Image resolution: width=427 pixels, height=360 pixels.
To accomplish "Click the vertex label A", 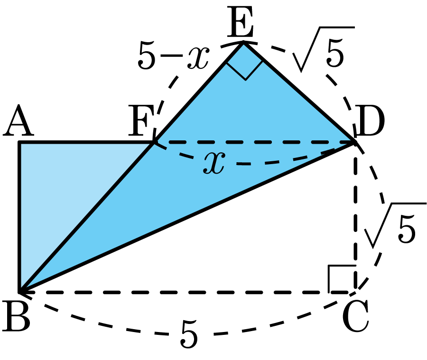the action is click(19, 120).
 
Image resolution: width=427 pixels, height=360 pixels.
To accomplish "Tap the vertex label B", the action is click(16, 316).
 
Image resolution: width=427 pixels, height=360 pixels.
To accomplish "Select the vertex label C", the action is click(356, 316).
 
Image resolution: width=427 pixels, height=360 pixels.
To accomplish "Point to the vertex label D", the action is click(370, 120).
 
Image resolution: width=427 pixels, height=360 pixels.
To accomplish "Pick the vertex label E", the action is click(240, 22).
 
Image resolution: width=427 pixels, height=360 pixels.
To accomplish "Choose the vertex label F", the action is click(141, 120).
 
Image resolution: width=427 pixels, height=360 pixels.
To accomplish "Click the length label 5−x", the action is click(174, 55).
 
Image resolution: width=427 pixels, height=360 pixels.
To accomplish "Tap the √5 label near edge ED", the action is click(324, 49).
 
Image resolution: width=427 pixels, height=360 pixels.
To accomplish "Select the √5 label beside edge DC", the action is click(395, 225).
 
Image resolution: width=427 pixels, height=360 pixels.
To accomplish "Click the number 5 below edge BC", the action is click(189, 334).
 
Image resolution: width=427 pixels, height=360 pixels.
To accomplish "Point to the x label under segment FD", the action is click(214, 162).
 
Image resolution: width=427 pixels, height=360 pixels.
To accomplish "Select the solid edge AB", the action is click(19, 217).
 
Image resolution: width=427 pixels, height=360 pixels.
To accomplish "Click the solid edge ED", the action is click(299, 92).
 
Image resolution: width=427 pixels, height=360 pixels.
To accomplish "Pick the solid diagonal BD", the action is click(187, 217).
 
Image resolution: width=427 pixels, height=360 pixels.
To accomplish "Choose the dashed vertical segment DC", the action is click(355, 217).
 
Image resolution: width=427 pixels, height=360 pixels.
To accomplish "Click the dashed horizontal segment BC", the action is click(187, 292).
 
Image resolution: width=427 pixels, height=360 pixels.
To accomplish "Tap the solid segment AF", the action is click(87, 142).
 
